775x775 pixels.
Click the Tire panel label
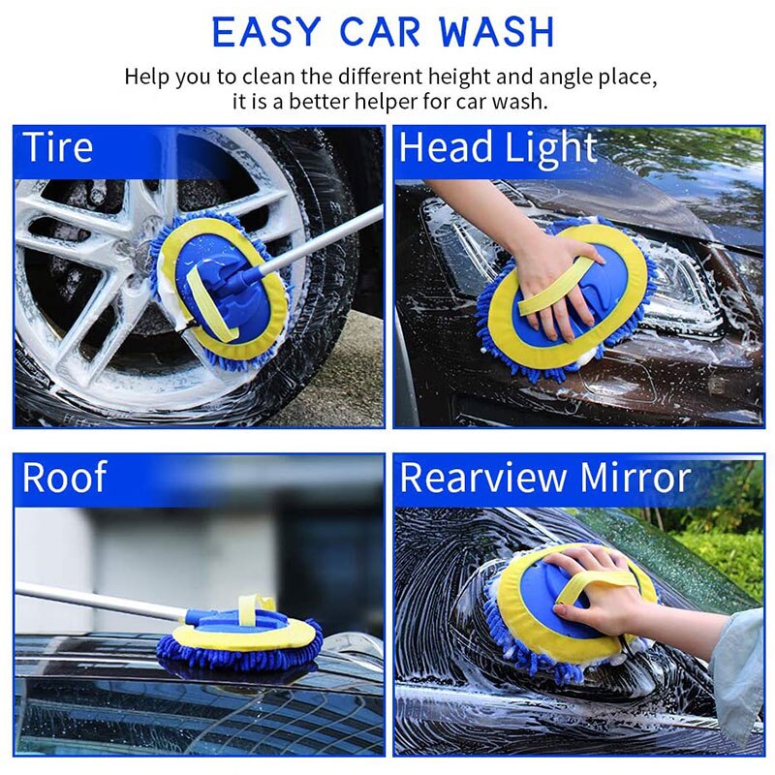(x=58, y=148)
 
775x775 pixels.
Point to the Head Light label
(x=498, y=148)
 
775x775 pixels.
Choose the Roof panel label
(x=65, y=478)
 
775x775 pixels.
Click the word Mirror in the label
(x=635, y=478)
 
